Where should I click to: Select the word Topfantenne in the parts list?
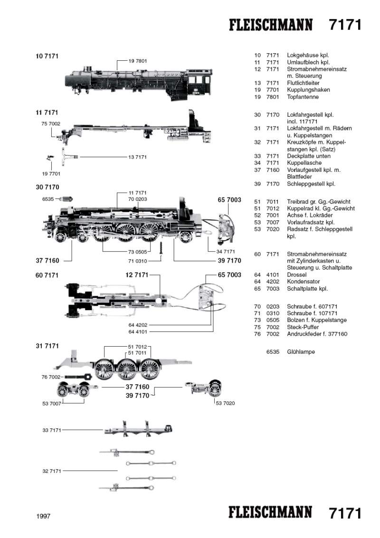[303, 97]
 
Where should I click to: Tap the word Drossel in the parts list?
[297, 274]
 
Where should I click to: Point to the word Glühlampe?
[301, 352]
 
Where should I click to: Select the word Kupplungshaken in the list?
[308, 90]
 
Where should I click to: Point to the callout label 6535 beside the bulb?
[48, 200]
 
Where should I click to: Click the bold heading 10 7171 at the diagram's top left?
[47, 56]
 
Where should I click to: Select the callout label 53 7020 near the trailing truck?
[225, 403]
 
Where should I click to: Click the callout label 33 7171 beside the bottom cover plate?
[52, 430]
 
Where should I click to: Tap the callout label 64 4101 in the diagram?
[138, 332]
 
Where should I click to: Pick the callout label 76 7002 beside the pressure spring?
[52, 377]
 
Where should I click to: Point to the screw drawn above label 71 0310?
[161, 247]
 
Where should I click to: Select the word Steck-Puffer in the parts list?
[304, 327]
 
